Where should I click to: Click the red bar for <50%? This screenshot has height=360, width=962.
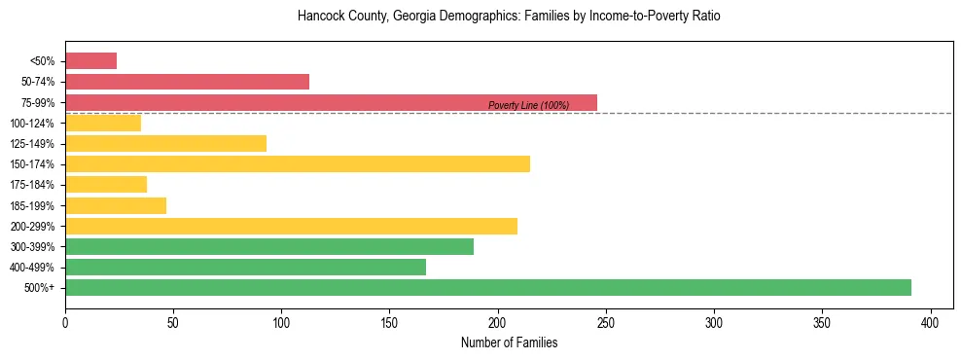coord(90,61)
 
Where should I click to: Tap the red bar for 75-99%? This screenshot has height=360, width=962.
coord(331,102)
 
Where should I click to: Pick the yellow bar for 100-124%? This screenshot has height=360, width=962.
coord(103,123)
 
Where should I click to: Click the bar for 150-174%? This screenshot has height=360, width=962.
coord(298,163)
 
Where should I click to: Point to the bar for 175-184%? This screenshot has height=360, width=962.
coord(106,184)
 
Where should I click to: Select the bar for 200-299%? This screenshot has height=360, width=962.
coord(291,226)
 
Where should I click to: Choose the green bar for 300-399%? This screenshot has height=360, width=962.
coord(269,246)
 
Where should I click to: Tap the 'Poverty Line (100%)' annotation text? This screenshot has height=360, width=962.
coord(528,105)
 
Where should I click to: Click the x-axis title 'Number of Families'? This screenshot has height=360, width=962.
coord(509,342)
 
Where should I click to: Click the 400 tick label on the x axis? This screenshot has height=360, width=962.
coord(931,322)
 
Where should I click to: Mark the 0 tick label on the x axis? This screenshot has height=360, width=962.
coord(65,322)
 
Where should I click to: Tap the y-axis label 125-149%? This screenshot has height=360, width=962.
coord(33,144)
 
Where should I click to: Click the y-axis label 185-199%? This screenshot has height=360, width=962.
coord(33,205)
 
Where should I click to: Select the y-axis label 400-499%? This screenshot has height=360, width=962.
coord(33,268)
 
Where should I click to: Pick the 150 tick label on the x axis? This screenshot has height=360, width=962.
coord(389,322)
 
